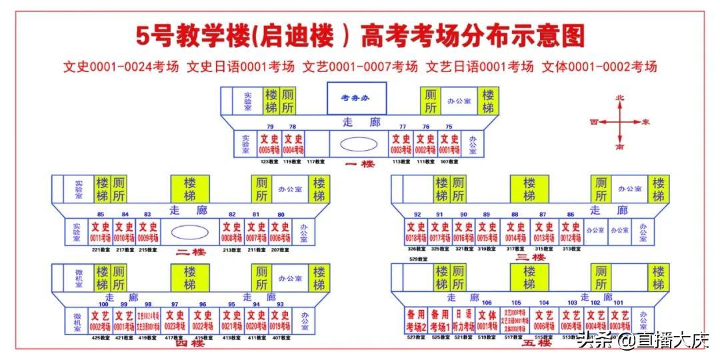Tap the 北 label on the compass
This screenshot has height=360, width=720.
619,98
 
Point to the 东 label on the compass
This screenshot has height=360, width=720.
645,122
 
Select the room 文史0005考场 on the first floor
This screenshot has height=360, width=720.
269,144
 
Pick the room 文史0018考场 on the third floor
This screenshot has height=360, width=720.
416,232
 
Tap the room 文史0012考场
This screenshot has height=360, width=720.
571,232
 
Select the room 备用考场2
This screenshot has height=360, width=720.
415,321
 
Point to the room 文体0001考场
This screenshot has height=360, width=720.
487,321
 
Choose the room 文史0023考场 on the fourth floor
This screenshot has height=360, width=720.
175,321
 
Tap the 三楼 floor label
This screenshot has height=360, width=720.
531,257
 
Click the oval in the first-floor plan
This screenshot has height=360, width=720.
359,144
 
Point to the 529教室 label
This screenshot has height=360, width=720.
418,259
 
